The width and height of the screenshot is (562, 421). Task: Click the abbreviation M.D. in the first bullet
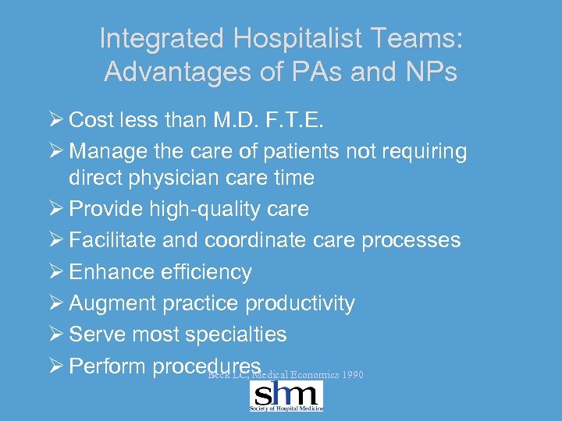coord(258,120)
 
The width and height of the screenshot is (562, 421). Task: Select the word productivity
coord(301,303)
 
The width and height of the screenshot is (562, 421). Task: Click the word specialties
coord(237,334)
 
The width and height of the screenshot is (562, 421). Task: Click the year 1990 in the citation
coord(352,375)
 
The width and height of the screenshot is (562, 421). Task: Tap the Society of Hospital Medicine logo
coord(286,396)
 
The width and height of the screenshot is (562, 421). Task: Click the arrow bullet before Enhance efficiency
coord(55,271)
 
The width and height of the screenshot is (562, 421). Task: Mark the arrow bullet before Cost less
coord(55,120)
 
